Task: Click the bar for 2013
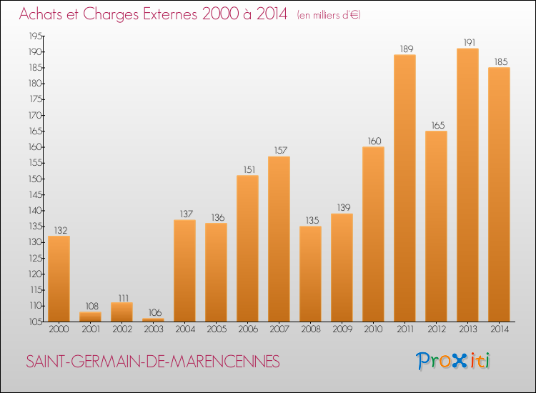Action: pyautogui.click(x=467, y=185)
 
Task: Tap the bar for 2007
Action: pyautogui.click(x=279, y=239)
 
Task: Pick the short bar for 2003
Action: pyautogui.click(x=153, y=319)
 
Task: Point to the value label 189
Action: pyautogui.click(x=405, y=49)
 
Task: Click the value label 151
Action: pyautogui.click(x=247, y=169)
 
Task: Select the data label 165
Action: pyautogui.click(x=436, y=125)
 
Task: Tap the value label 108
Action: pyautogui.click(x=90, y=306)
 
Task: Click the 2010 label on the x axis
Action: pyautogui.click(x=373, y=329)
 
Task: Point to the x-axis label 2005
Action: pyautogui.click(x=216, y=329)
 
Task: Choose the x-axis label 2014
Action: pyautogui.click(x=499, y=329)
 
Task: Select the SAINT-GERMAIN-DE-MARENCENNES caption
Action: pyautogui.click(x=153, y=362)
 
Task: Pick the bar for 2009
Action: pyautogui.click(x=342, y=267)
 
